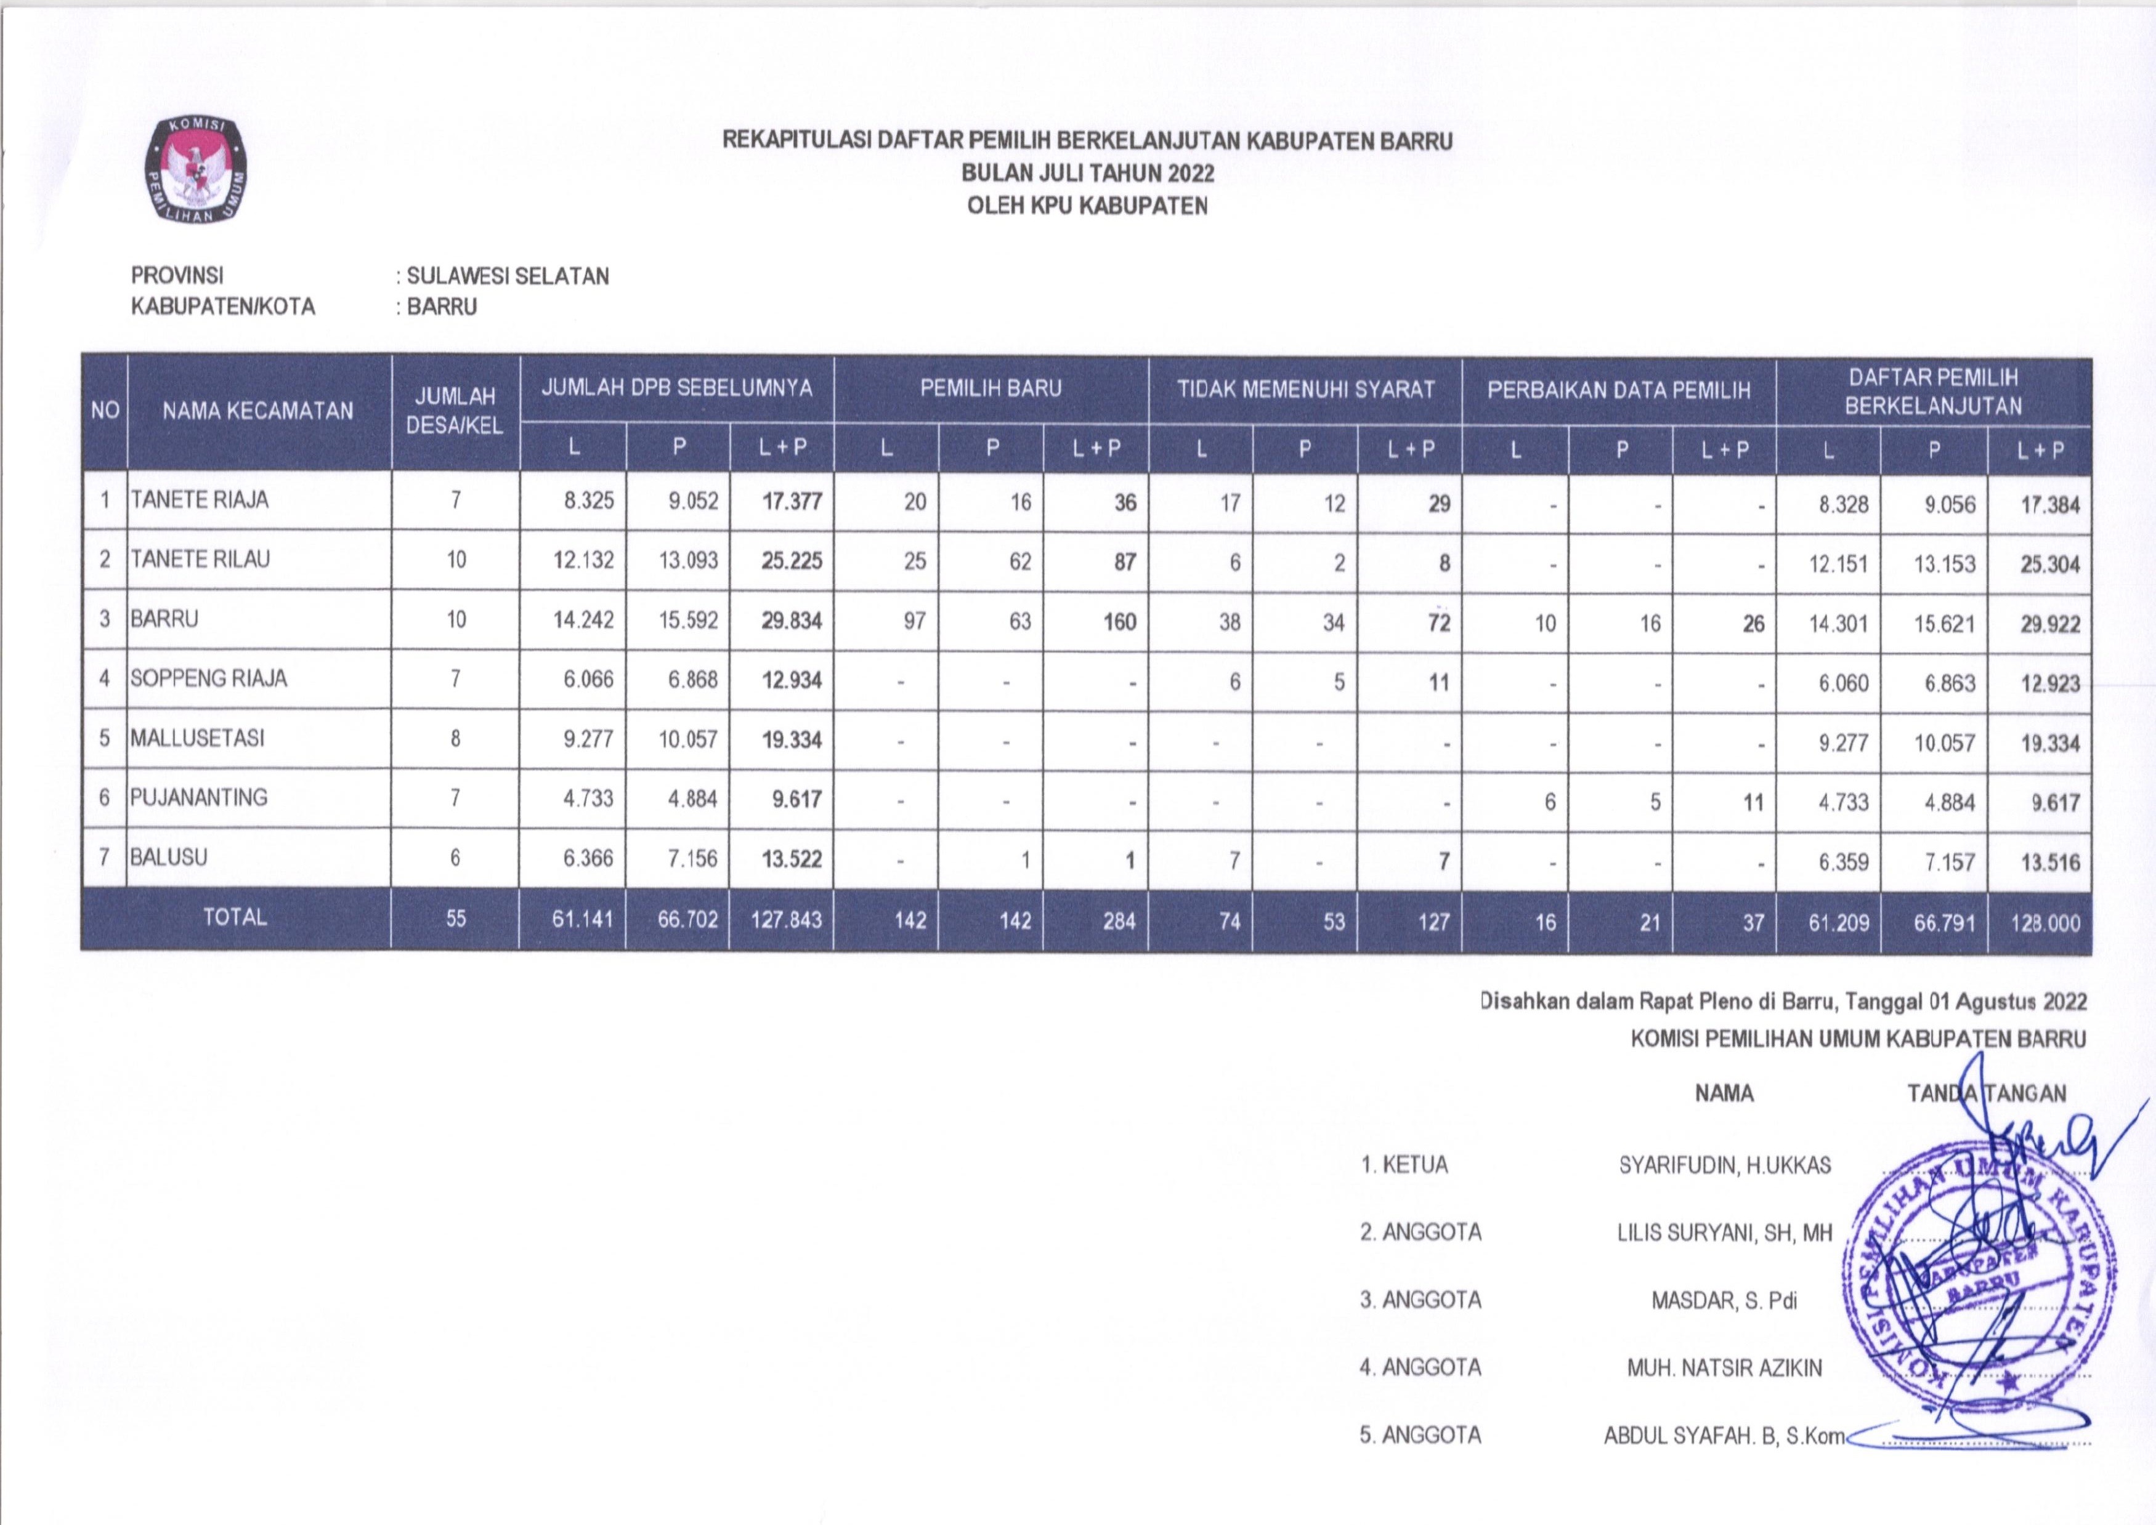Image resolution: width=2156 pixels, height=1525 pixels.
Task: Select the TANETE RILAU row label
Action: (x=200, y=560)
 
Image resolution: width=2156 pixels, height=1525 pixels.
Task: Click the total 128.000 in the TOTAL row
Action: (x=2045, y=923)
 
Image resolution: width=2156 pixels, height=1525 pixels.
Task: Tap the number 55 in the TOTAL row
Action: (x=456, y=919)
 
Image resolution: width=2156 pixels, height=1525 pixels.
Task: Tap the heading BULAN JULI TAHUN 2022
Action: (x=1087, y=174)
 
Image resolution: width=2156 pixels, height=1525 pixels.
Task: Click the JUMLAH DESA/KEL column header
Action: (x=455, y=411)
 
